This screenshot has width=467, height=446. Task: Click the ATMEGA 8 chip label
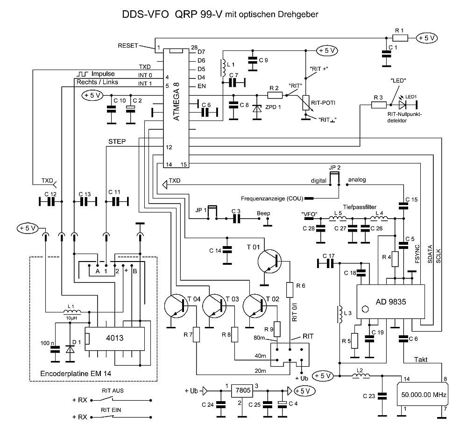point(176,101)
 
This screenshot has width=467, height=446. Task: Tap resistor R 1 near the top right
point(400,38)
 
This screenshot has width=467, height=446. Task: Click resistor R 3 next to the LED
point(378,105)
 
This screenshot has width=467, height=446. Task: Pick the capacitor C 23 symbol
point(382,396)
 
